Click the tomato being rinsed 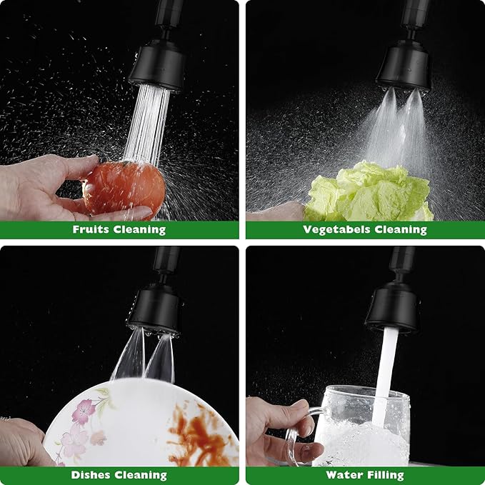tap(124, 188)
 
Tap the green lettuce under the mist tap(369, 191)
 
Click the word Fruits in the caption tap(91, 229)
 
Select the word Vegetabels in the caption tap(336, 229)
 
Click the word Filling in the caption tap(386, 475)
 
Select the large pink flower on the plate tap(84, 411)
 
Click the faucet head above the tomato tap(157, 66)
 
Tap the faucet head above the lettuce tap(404, 66)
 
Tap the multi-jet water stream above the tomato tap(147, 124)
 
